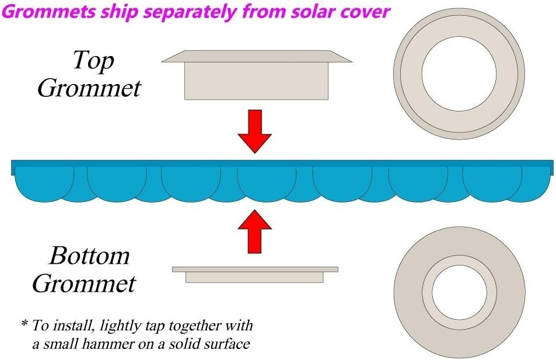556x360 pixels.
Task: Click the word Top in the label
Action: pyautogui.click(x=93, y=60)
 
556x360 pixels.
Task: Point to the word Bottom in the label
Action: pyautogui.click(x=89, y=256)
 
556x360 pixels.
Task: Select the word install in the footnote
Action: pyautogui.click(x=76, y=325)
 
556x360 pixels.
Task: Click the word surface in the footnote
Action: pyautogui.click(x=226, y=344)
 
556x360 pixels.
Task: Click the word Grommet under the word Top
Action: pyautogui.click(x=89, y=88)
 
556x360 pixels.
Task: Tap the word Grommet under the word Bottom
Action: pyautogui.click(x=84, y=284)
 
